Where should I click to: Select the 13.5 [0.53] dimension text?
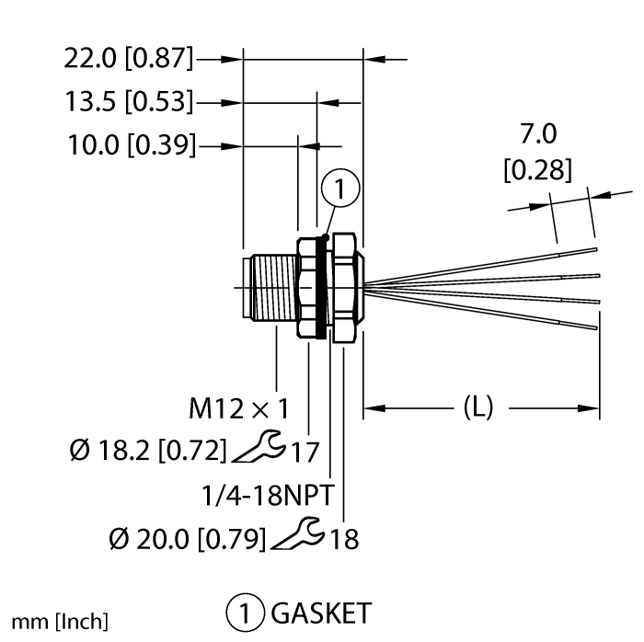(130, 101)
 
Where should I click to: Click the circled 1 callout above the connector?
(341, 190)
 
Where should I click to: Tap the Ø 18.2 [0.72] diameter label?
(147, 451)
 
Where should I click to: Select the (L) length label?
(475, 407)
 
